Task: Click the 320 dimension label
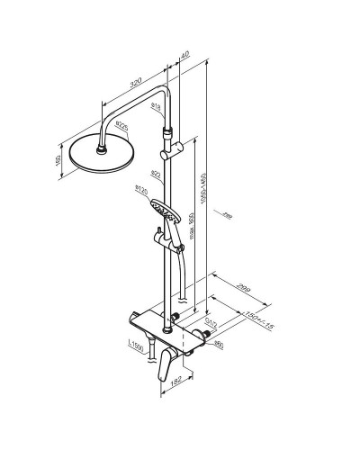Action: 136,80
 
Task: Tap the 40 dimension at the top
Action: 184,56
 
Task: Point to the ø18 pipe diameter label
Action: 156,107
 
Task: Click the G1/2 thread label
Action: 210,320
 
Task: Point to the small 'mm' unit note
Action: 227,215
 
